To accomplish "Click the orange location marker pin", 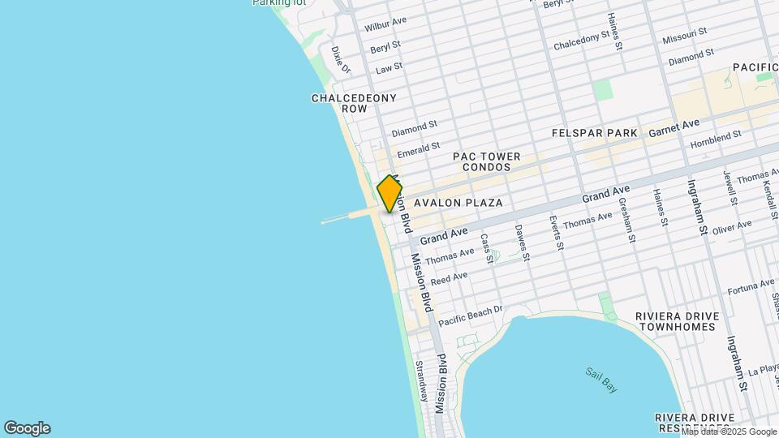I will click(x=389, y=194).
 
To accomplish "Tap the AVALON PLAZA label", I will click(x=458, y=203).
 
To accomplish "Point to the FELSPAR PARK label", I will click(x=595, y=132).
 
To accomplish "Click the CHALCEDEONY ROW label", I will click(x=354, y=103).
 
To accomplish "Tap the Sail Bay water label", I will click(x=601, y=380).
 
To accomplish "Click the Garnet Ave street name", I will click(x=679, y=127).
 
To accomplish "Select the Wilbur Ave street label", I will click(x=385, y=25).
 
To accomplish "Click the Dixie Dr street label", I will click(x=340, y=61).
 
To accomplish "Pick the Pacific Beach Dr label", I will click(x=471, y=316).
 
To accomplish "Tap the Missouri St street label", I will click(x=684, y=36).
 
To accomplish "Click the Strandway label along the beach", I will click(x=421, y=381).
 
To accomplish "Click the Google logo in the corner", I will click(x=27, y=428).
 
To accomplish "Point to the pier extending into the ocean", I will click(x=345, y=217).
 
